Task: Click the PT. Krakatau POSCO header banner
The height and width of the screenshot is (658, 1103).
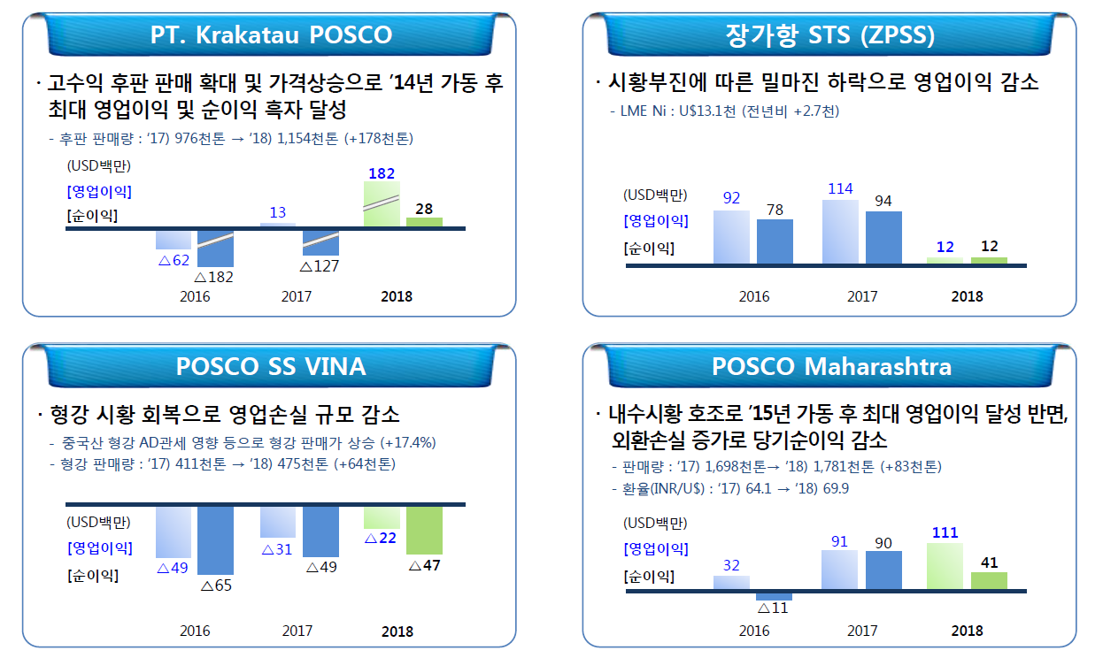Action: [x=269, y=35]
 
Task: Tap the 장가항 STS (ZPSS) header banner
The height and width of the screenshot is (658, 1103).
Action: [x=829, y=35]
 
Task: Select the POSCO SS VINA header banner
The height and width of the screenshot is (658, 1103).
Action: [x=270, y=365]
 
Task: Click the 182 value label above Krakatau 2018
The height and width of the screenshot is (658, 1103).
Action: [x=381, y=173]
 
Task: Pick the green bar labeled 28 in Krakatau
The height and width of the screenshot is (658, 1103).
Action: [x=424, y=222]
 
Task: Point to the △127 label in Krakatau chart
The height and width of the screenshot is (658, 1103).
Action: [x=320, y=265]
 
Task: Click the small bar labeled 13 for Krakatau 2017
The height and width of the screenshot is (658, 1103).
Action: [x=278, y=226]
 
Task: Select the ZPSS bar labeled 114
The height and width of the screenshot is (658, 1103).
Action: [x=840, y=232]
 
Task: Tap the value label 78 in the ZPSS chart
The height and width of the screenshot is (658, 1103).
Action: [x=775, y=210]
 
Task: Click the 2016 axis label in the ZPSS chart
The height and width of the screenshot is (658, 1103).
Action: [x=754, y=296]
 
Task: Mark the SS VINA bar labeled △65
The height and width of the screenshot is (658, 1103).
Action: [x=215, y=540]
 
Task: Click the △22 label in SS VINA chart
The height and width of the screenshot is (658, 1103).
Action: [x=382, y=537]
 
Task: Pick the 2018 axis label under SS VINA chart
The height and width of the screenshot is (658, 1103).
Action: [x=397, y=631]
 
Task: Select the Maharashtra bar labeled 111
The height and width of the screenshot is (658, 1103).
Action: [x=945, y=567]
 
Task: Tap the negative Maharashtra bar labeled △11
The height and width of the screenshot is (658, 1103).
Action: [x=775, y=596]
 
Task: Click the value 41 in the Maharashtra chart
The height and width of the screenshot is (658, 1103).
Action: [x=990, y=562]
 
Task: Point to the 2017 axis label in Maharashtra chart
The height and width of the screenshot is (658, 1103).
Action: [x=862, y=631]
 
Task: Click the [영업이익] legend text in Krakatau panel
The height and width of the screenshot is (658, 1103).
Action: [x=98, y=191]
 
